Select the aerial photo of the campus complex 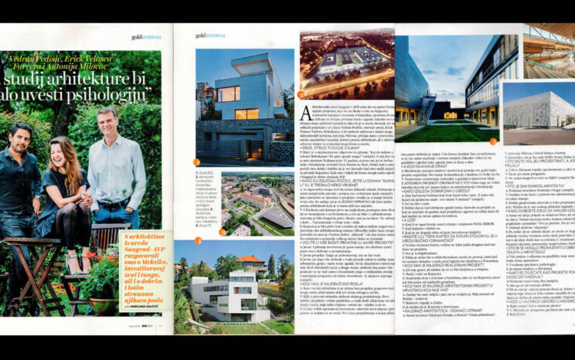(256, 205)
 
